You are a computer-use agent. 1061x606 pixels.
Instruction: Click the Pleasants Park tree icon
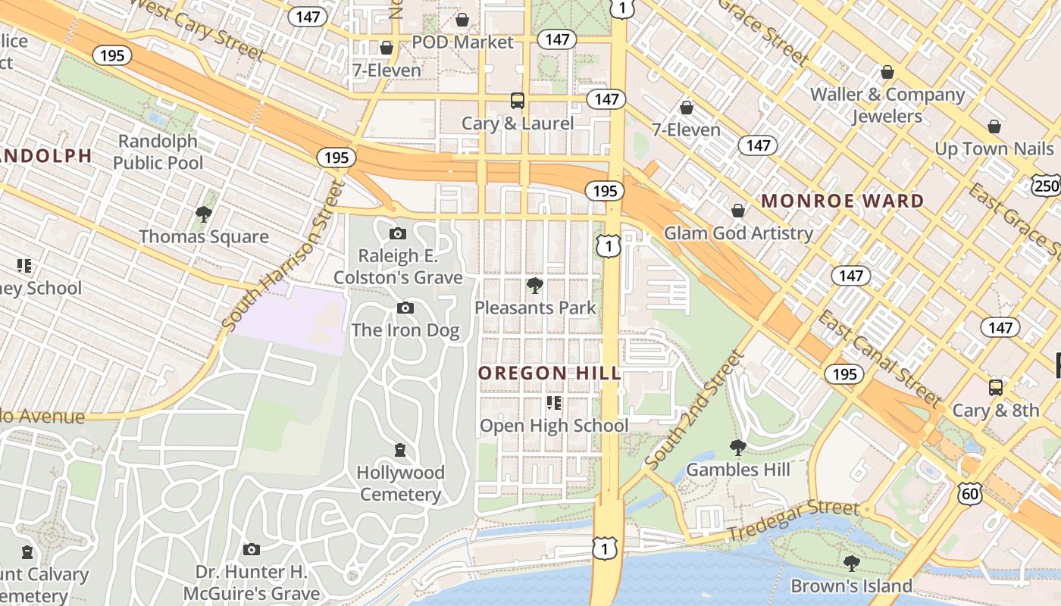click(x=534, y=286)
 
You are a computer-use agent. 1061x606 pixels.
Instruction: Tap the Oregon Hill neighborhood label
click(x=549, y=373)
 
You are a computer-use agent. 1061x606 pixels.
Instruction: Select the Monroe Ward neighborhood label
click(x=842, y=201)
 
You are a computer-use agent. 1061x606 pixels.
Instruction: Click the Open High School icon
click(x=554, y=403)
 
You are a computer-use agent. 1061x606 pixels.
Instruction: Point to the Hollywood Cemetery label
click(x=400, y=483)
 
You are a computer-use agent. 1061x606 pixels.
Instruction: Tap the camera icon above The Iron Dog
click(x=405, y=308)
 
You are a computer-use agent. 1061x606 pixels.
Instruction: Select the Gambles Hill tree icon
click(x=737, y=447)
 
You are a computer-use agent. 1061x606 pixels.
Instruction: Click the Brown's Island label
click(x=851, y=586)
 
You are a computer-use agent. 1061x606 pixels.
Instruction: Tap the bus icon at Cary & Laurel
click(x=518, y=100)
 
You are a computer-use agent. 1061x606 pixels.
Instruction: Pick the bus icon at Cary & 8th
click(x=996, y=388)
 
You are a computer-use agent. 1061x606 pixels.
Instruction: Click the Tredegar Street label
click(x=793, y=521)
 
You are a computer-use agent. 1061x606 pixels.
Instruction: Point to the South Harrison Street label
click(x=281, y=256)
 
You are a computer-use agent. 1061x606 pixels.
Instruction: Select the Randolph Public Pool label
click(x=158, y=151)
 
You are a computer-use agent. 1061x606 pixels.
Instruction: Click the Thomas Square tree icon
click(x=203, y=214)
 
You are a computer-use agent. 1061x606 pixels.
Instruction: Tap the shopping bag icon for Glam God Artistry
click(x=738, y=211)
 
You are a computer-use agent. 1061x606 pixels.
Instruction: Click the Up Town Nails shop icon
click(x=994, y=126)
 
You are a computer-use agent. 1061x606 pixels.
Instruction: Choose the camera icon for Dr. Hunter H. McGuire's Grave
click(x=252, y=549)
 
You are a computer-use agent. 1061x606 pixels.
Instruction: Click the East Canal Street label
click(x=878, y=358)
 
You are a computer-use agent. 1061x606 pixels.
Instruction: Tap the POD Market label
click(x=462, y=42)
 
